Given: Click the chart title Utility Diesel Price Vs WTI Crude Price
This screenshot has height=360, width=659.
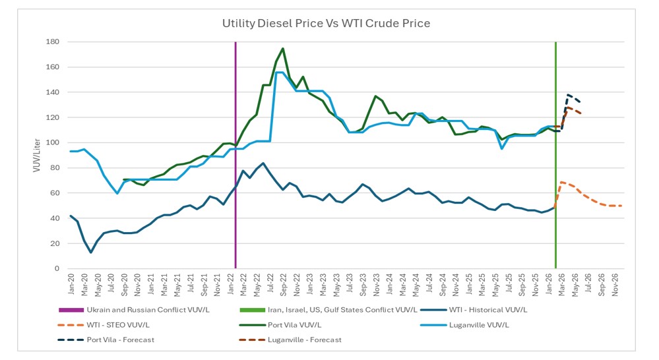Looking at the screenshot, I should (326, 24).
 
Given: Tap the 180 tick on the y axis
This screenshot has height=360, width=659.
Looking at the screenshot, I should (53, 42).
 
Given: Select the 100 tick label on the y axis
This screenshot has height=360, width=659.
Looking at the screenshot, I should (53, 143).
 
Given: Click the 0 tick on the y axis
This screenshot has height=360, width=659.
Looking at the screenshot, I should (57, 269).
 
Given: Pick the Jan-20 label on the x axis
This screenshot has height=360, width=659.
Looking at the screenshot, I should (71, 284).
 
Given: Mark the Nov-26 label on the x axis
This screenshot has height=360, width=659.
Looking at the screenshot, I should (616, 284).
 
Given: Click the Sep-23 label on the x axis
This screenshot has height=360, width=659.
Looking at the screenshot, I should (363, 284).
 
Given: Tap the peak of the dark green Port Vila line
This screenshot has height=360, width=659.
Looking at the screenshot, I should (283, 48).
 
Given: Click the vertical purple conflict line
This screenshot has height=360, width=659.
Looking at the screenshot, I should (235, 158).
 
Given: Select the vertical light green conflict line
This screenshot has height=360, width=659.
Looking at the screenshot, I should (555, 158).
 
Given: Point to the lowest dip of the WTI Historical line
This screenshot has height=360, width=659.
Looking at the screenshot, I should (91, 252).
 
